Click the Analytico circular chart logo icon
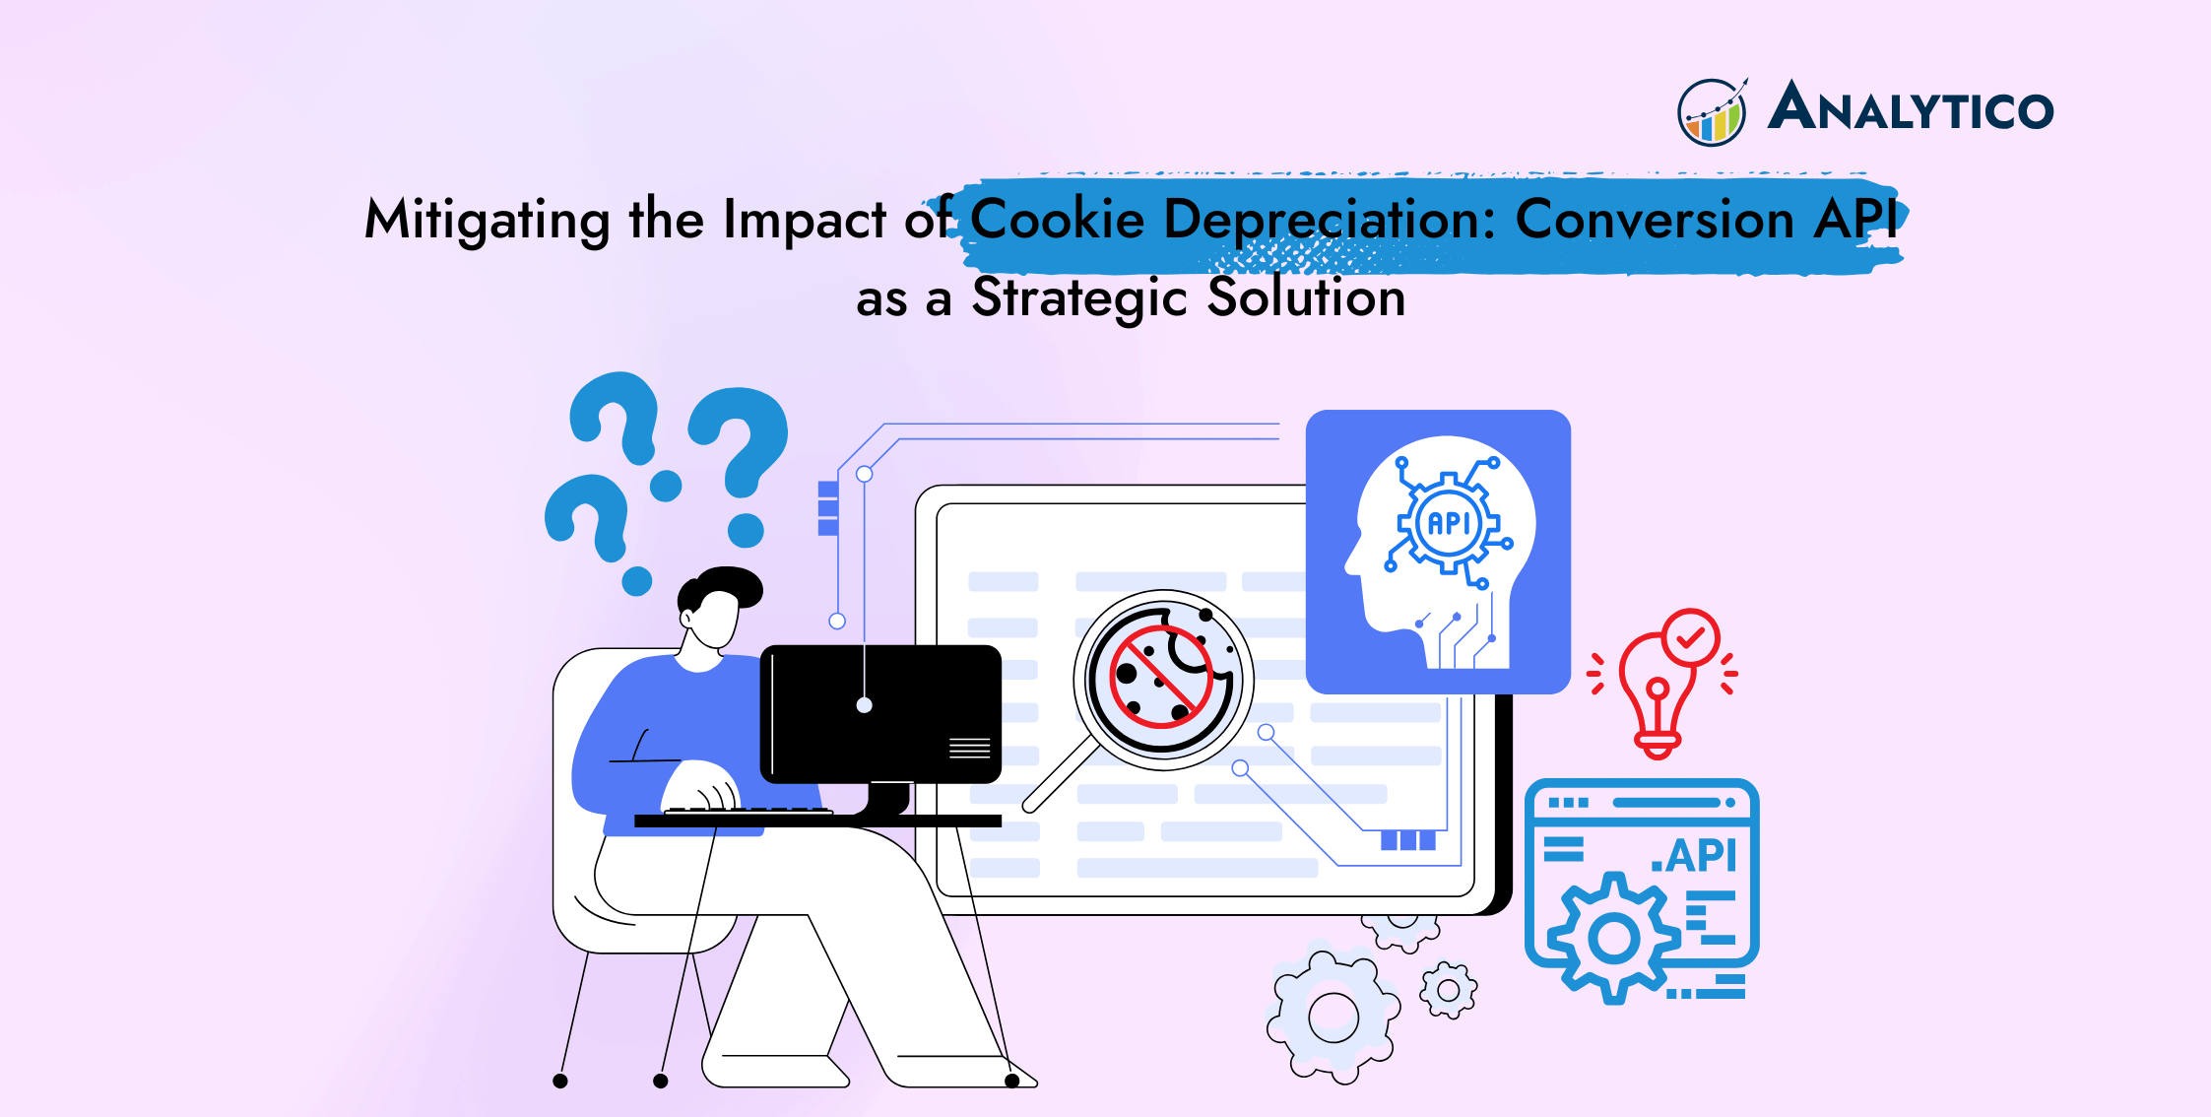pos(1713,112)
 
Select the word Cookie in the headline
pos(1058,218)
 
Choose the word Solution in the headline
pos(1307,296)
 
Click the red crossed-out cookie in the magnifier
pos(1161,677)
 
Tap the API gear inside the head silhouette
pos(1449,523)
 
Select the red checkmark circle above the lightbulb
pos(1691,638)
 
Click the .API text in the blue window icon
pos(1695,855)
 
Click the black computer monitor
pos(880,715)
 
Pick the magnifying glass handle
pos(1062,775)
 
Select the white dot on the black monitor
pos(864,705)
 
